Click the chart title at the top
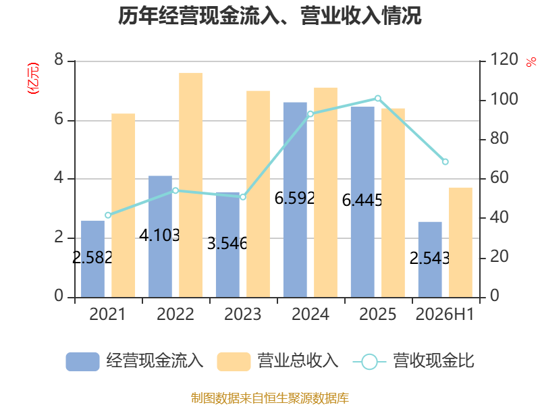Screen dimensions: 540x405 269,16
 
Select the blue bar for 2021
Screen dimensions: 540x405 92,259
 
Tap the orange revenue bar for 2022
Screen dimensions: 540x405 191,185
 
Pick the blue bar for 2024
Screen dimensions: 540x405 295,200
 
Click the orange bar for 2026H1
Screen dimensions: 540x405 460,242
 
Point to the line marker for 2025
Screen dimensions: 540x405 378,99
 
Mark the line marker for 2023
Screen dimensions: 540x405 243,197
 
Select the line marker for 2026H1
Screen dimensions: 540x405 445,161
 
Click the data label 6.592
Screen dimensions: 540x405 294,198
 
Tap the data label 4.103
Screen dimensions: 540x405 159,235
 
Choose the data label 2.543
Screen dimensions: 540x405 429,258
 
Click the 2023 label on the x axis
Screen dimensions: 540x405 243,314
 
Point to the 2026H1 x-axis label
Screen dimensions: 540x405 445,314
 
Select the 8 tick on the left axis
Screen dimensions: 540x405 59,59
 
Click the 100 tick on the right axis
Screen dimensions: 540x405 504,99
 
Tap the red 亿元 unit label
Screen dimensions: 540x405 33,78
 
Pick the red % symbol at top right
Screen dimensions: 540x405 531,62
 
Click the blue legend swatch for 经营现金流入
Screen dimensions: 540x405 82,362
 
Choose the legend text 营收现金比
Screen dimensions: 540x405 433,361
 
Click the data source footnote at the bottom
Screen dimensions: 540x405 270,398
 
